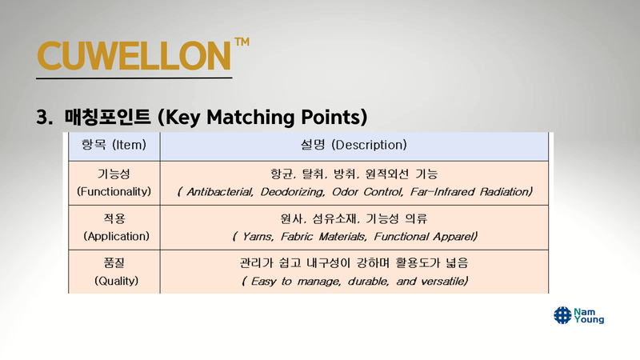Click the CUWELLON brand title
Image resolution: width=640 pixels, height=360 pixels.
[x=134, y=55]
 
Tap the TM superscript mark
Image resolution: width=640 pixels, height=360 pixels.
[x=242, y=42]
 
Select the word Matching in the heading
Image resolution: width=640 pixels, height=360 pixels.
[x=251, y=118]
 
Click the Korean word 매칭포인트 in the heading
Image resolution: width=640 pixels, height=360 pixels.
[x=108, y=117]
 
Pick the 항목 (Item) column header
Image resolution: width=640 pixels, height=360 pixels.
[x=114, y=145]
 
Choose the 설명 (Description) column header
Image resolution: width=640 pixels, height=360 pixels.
[x=354, y=145]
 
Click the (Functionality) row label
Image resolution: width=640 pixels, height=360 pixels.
[x=114, y=191]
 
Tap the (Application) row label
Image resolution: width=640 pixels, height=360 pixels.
[x=116, y=236]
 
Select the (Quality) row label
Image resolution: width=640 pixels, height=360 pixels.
[x=116, y=281]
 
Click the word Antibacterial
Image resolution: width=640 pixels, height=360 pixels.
[x=220, y=192]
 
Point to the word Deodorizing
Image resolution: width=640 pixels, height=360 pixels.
[x=293, y=192]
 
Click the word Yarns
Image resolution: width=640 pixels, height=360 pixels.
[x=258, y=237]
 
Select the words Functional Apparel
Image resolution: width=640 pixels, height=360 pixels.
[x=426, y=237]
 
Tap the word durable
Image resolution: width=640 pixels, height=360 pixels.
[x=368, y=282]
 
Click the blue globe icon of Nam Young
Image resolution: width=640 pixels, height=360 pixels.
[x=562, y=315]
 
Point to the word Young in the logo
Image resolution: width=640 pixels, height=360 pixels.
[x=589, y=319]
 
